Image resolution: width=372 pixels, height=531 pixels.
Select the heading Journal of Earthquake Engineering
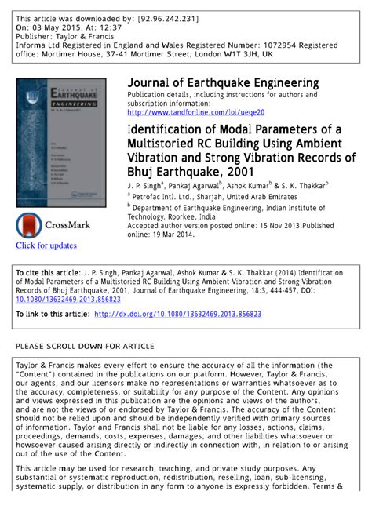point(223,83)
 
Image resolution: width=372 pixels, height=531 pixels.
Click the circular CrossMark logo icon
point(29,226)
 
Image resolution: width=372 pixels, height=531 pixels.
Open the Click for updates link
point(46,245)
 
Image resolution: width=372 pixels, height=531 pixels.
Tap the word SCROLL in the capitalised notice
point(68,346)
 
